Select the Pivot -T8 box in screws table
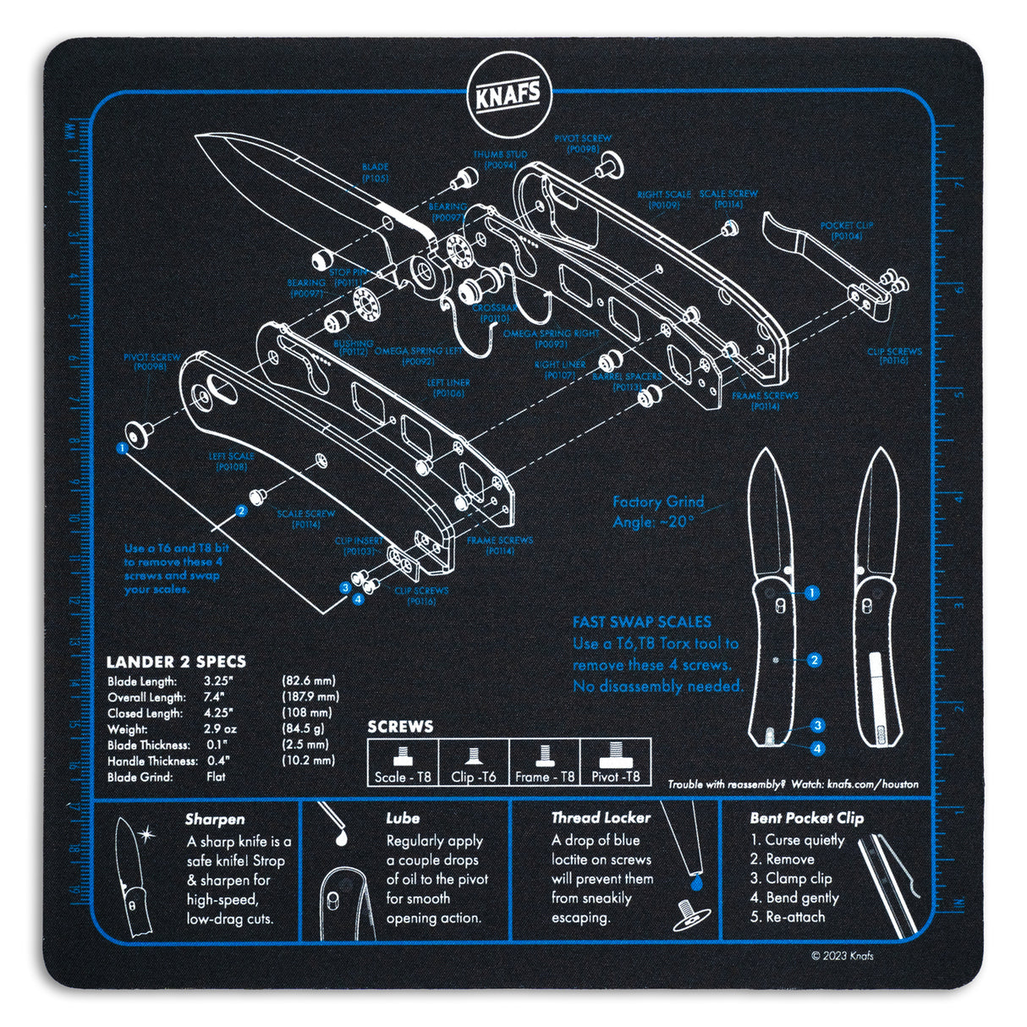click(x=615, y=763)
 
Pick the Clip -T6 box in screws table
click(x=474, y=763)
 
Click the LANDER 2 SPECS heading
click(x=175, y=662)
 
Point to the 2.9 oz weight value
click(x=220, y=729)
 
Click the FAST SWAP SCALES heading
click(x=641, y=621)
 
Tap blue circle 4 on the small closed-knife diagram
click(x=817, y=749)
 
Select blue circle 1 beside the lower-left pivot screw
click(x=123, y=448)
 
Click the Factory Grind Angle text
click(x=657, y=512)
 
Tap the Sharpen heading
click(x=215, y=819)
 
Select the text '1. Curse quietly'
click(x=797, y=840)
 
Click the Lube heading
click(x=403, y=819)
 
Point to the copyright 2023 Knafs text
click(x=842, y=956)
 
